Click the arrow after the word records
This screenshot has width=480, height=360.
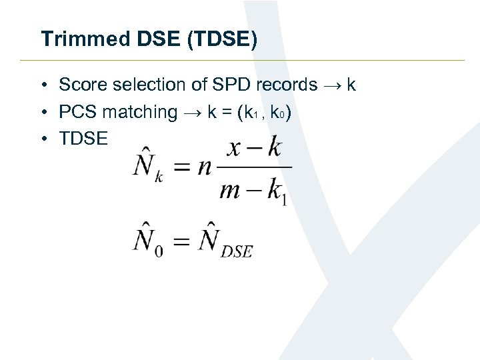tap(332, 85)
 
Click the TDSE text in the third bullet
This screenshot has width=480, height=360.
tap(83, 138)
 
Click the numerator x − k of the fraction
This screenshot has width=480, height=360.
tap(254, 147)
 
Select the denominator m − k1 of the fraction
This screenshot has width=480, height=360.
tap(253, 192)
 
